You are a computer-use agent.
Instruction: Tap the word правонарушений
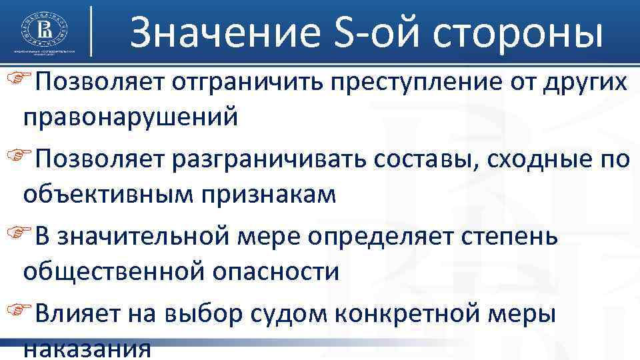139,118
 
